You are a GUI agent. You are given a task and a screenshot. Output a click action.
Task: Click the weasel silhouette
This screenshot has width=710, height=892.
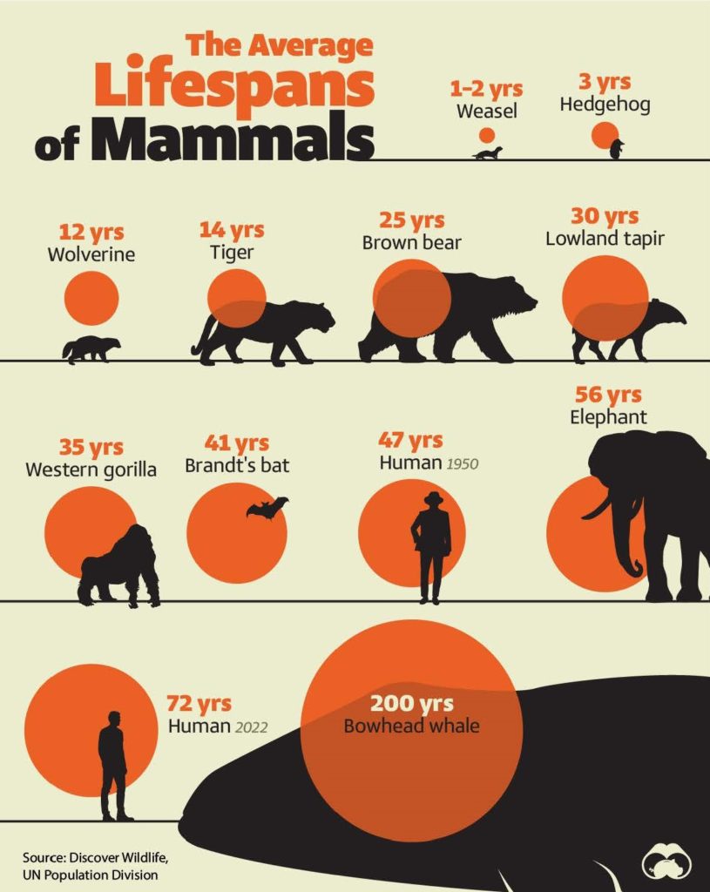tap(488, 153)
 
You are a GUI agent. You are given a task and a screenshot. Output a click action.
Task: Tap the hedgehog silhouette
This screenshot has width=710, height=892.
tap(617, 149)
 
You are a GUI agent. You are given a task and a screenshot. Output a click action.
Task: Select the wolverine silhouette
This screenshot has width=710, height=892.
tap(91, 349)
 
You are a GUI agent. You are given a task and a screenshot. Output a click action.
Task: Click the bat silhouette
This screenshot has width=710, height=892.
tap(267, 508)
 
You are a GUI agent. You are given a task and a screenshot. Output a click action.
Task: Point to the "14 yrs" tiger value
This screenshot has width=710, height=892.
tap(231, 230)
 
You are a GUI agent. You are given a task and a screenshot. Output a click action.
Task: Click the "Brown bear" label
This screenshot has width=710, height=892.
tap(411, 242)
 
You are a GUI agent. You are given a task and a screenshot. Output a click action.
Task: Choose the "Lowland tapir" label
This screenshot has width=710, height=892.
tap(605, 238)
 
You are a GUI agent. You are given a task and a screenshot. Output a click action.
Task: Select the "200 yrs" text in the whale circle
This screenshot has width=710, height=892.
tap(411, 703)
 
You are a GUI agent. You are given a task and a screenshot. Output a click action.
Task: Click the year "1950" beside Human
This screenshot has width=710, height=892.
tap(463, 463)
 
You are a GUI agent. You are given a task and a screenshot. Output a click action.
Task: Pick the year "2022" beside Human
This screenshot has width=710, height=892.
tap(250, 727)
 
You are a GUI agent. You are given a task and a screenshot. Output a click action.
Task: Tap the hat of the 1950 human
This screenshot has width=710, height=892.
tap(433, 498)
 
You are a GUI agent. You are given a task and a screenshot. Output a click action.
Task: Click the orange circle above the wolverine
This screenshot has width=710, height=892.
tap(91, 297)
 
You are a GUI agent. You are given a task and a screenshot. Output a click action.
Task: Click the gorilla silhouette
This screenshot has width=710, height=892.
tap(119, 567)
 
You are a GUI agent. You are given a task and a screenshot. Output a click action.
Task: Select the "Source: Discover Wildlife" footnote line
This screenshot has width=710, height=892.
tap(91, 857)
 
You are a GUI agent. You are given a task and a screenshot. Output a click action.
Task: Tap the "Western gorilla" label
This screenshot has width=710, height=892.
tap(91, 470)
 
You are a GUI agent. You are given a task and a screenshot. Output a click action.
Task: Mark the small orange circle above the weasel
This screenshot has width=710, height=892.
tap(487, 135)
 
